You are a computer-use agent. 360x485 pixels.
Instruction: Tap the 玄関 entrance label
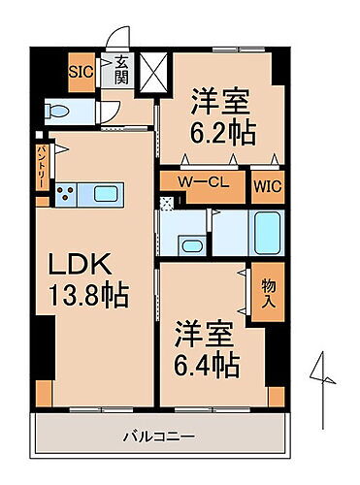[122, 71]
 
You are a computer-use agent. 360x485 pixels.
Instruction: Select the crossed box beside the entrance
[154, 70]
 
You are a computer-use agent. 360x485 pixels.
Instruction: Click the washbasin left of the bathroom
[192, 244]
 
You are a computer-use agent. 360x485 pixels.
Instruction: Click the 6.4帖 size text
[208, 366]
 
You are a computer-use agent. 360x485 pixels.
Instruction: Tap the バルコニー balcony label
[159, 436]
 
